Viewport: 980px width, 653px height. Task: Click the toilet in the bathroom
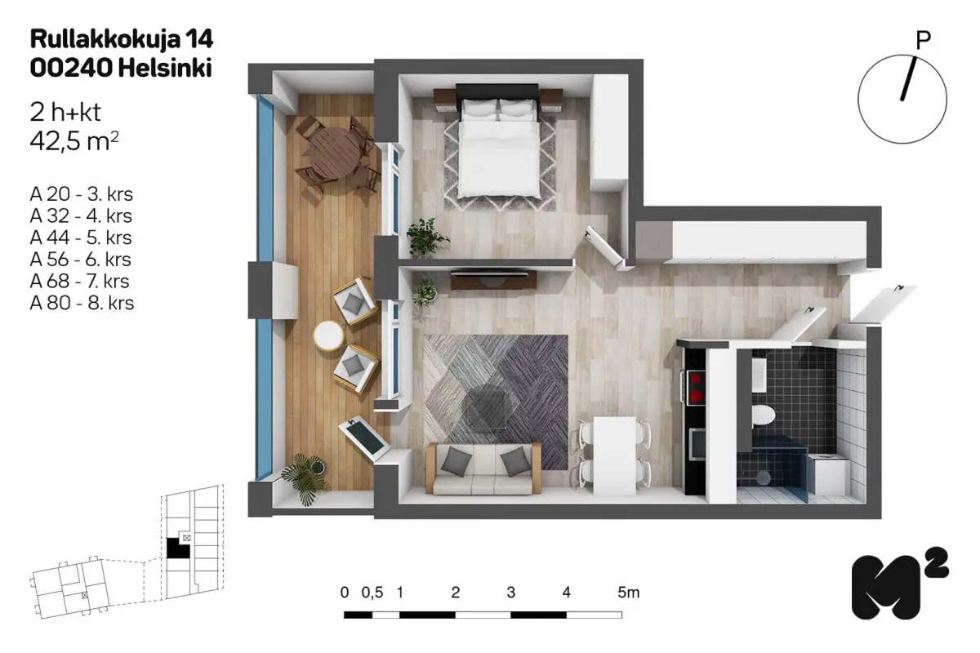[763, 414]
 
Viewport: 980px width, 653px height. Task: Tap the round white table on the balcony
[328, 335]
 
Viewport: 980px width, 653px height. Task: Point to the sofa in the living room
[483, 468]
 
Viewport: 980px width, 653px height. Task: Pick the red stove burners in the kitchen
[696, 388]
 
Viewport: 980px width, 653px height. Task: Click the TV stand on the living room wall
[494, 280]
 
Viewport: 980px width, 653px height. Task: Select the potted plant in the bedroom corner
[426, 237]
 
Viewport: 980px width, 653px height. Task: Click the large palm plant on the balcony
[305, 478]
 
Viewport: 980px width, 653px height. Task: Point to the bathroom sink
[759, 375]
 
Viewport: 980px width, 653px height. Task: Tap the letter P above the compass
[923, 41]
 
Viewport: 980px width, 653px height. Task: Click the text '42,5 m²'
[74, 141]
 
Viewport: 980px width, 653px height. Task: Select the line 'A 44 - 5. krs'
[81, 238]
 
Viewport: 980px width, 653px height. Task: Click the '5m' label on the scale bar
[628, 593]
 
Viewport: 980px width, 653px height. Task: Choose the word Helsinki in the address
[165, 69]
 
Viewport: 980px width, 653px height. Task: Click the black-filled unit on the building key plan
[177, 548]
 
